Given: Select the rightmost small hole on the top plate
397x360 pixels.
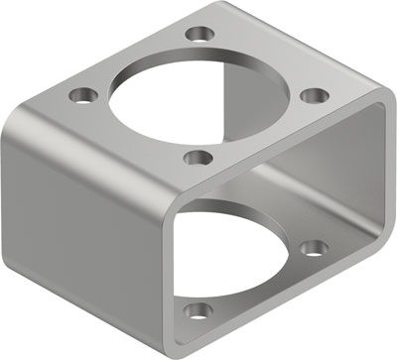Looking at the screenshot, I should [314, 95].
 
